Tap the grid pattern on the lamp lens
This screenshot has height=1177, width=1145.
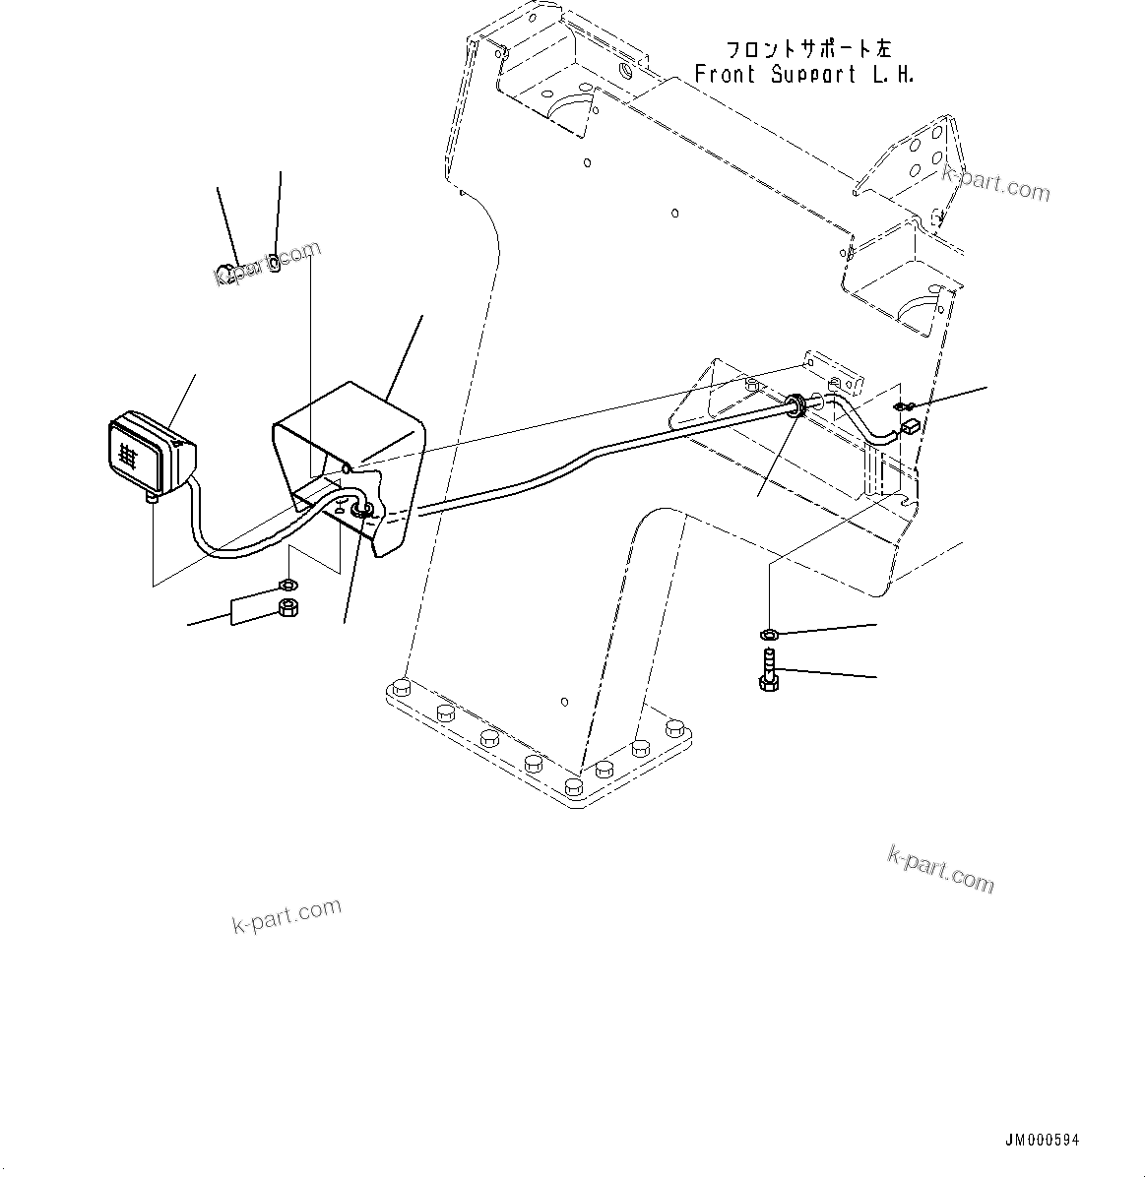(127, 454)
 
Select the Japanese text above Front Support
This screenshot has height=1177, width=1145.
(807, 49)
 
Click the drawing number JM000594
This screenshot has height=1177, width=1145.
(1042, 1140)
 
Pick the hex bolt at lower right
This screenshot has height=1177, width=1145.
(768, 671)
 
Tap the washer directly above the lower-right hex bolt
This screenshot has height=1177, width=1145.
(769, 632)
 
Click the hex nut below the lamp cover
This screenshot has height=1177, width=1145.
(289, 608)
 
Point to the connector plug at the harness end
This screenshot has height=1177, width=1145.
(910, 427)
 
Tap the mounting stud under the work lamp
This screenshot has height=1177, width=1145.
(152, 500)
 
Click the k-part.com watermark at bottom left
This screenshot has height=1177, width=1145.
(286, 916)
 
